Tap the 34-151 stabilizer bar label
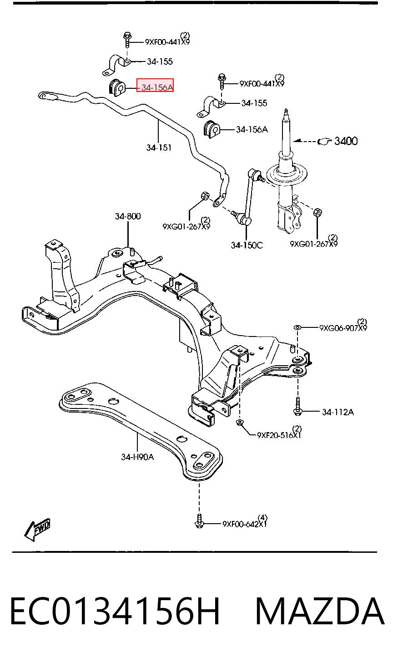pyautogui.click(x=159, y=148)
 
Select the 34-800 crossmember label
pyautogui.click(x=128, y=216)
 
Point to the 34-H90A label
pyautogui.click(x=137, y=457)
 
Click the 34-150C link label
pyautogui.click(x=247, y=245)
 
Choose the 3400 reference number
pyautogui.click(x=346, y=141)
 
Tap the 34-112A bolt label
pyautogui.click(x=338, y=412)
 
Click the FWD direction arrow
pyautogui.click(x=37, y=530)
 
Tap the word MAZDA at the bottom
pyautogui.click(x=320, y=611)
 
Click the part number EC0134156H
pyautogui.click(x=115, y=611)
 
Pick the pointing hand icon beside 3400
pyautogui.click(x=324, y=142)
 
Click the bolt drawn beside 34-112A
pyautogui.click(x=298, y=406)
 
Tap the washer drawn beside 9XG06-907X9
pyautogui.click(x=297, y=327)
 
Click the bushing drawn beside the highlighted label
pyautogui.click(x=117, y=87)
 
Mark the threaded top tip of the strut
pyautogui.click(x=286, y=110)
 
